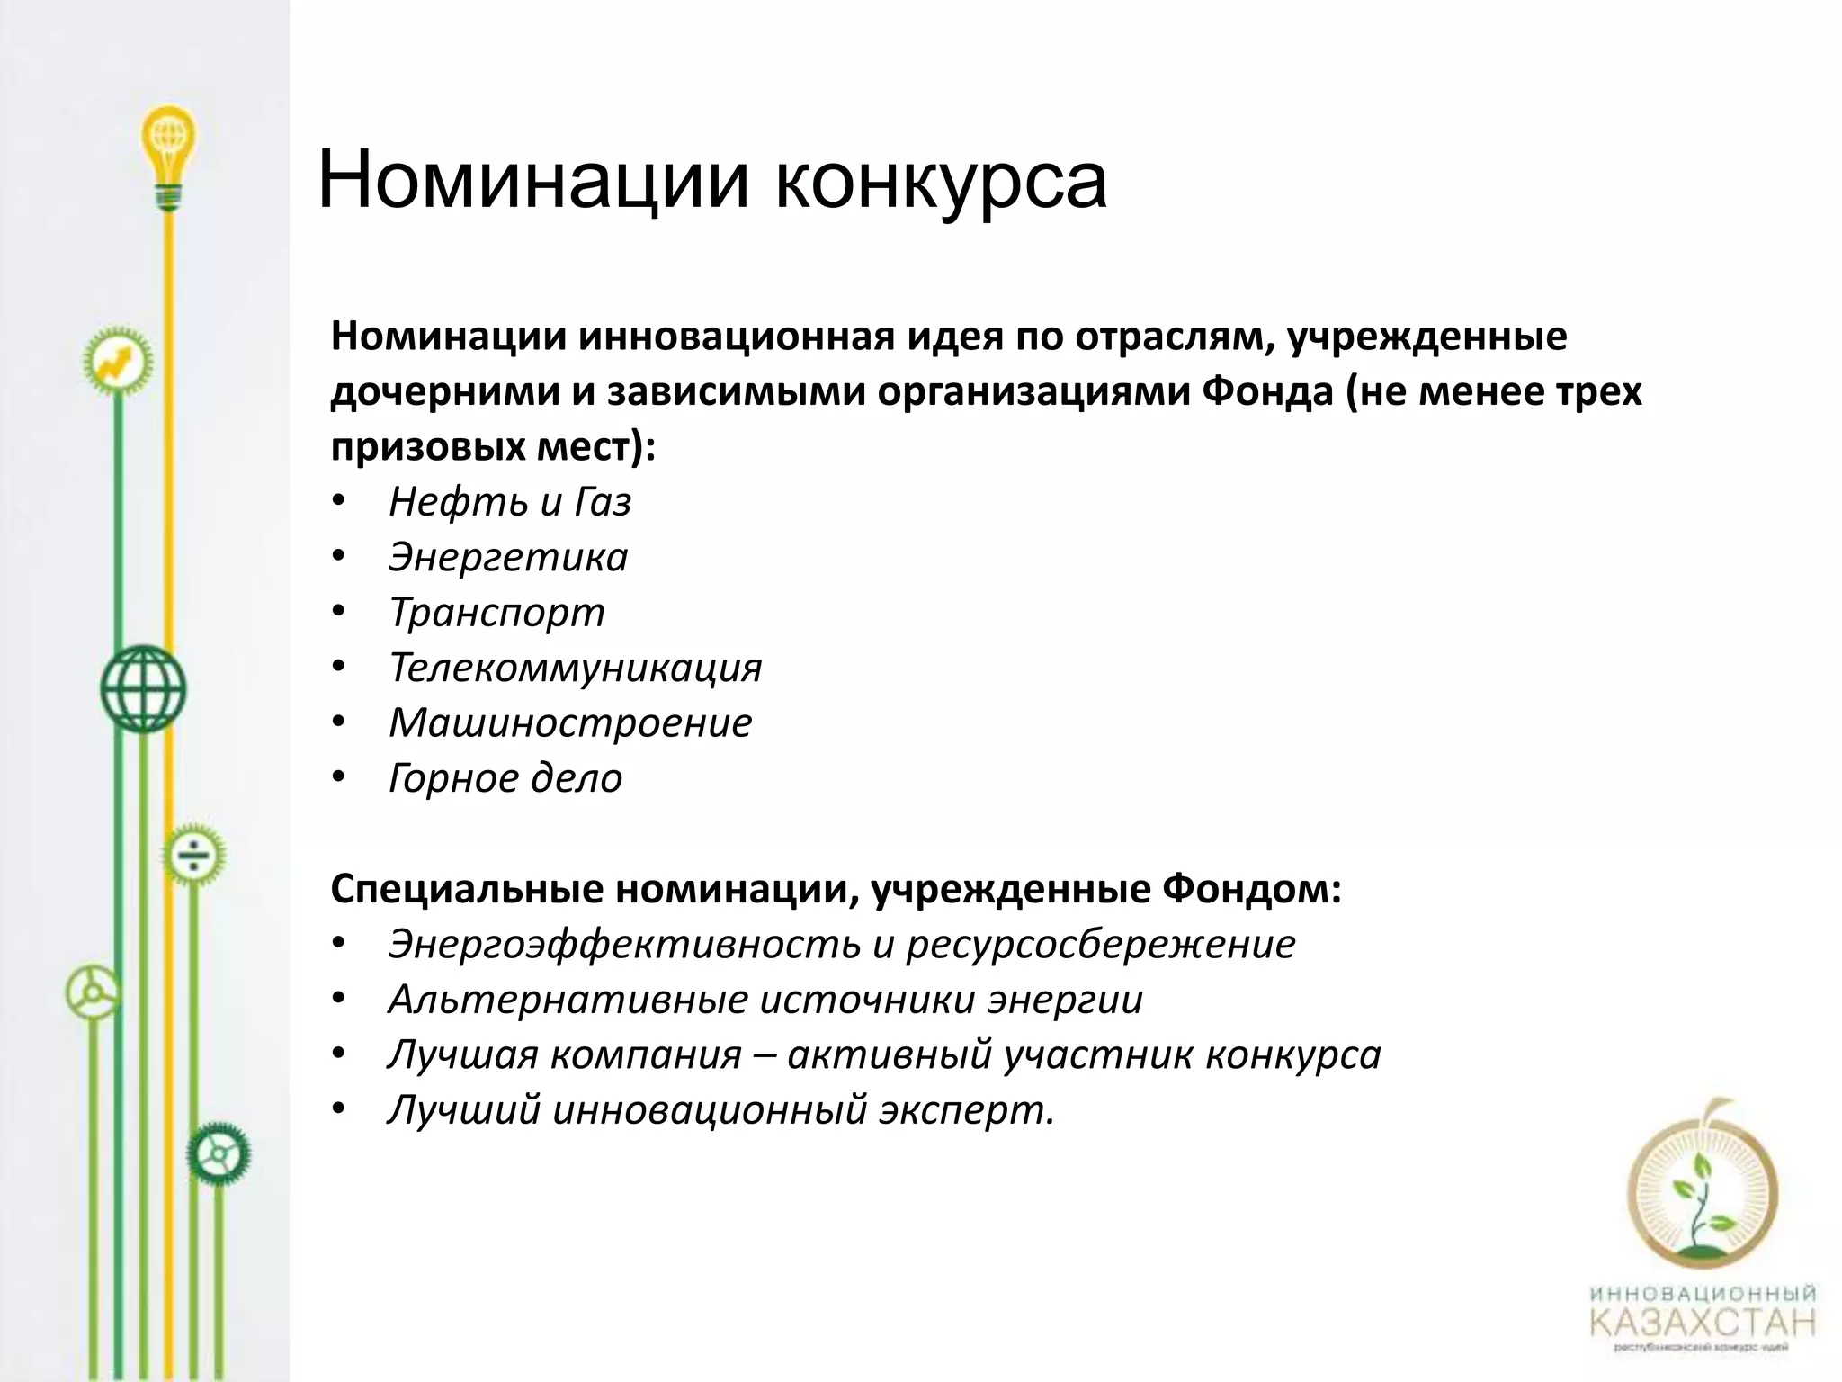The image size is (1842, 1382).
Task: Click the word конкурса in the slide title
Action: pos(940,181)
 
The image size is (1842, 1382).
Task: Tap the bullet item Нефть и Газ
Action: pos(509,502)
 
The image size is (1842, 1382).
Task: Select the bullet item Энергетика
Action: pos(507,557)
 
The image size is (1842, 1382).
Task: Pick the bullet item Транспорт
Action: pos(496,613)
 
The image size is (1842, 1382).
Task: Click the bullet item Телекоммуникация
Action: pos(575,668)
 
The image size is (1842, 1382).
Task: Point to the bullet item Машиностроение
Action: pos(569,722)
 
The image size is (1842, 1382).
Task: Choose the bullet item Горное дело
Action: pos(505,778)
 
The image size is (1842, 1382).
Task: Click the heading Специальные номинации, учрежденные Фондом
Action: pos(836,889)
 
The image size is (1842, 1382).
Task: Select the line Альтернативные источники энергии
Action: pos(765,1000)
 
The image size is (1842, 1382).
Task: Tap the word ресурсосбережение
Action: pos(1100,944)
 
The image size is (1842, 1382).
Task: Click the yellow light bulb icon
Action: pos(168,148)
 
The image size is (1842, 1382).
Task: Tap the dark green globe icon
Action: pos(142,688)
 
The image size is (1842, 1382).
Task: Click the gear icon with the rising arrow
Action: pos(117,362)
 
